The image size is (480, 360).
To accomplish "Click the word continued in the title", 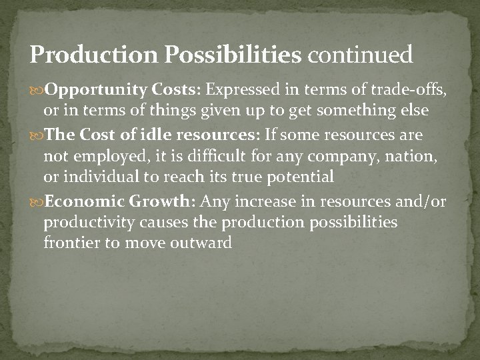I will point(360,54).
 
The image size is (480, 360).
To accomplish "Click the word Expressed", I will point(242,90).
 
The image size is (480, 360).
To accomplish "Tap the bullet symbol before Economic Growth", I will point(37,202).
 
